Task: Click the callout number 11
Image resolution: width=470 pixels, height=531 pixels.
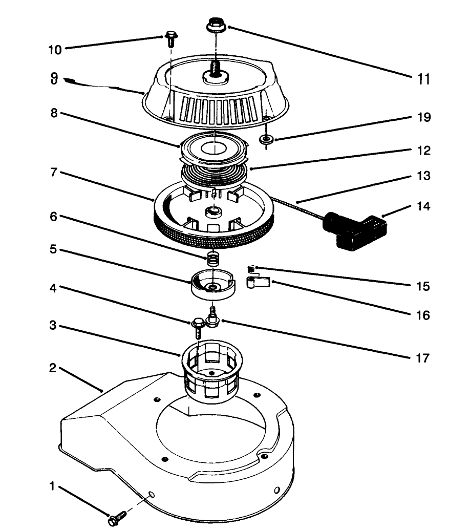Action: (x=422, y=79)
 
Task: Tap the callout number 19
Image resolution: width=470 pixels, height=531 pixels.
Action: (x=422, y=118)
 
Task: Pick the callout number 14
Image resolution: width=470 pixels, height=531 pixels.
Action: (x=422, y=207)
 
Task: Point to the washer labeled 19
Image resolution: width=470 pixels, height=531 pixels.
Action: (x=266, y=139)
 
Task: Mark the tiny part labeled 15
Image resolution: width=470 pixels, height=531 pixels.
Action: (x=251, y=268)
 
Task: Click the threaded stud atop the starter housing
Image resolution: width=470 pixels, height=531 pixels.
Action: (x=215, y=67)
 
